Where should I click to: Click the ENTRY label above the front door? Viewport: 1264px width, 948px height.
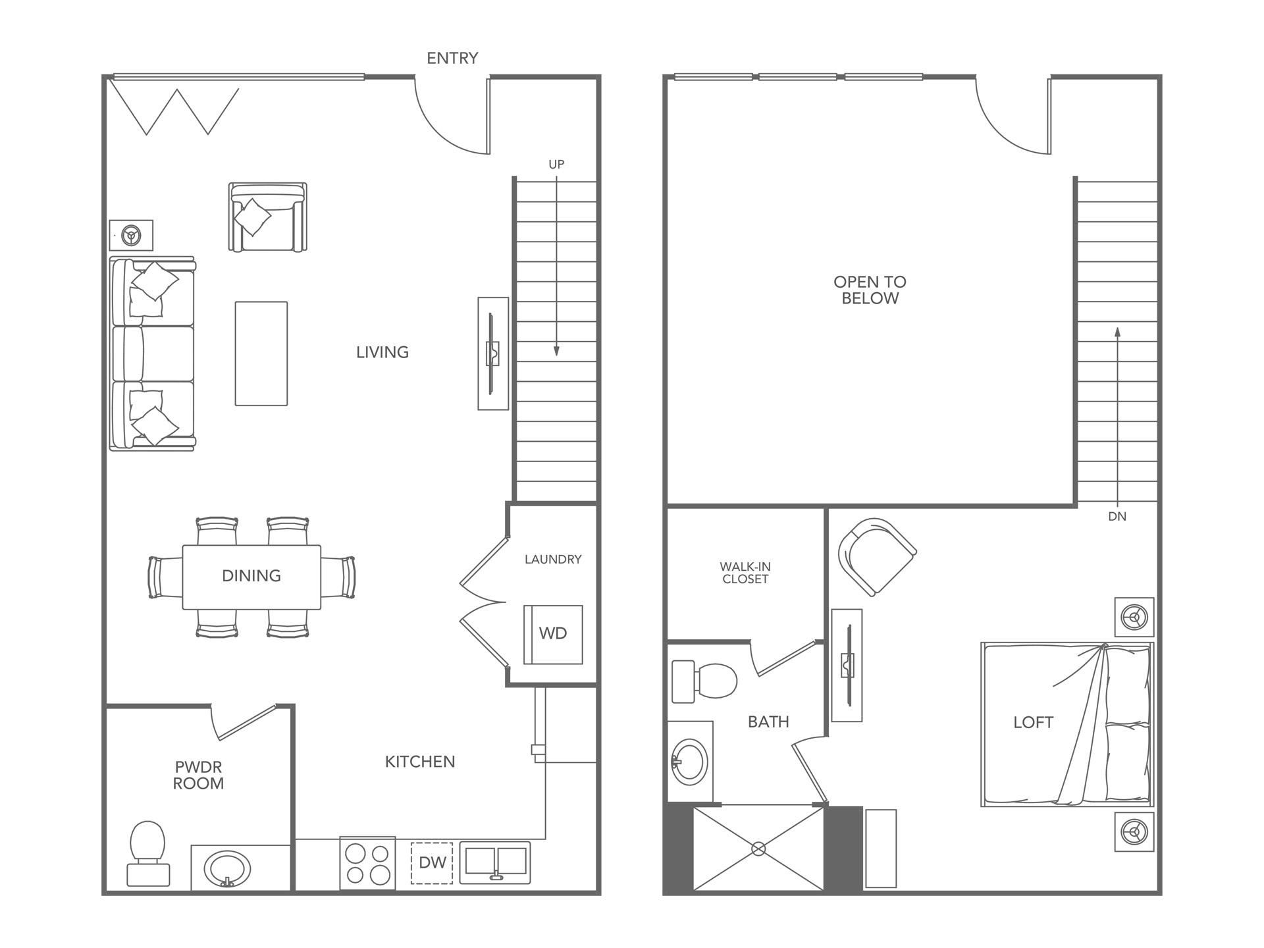pos(452,59)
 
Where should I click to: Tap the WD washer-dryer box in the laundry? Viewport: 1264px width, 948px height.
pos(553,634)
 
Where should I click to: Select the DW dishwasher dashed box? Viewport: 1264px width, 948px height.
pos(432,862)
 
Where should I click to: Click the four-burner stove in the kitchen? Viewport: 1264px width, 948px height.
pos(367,864)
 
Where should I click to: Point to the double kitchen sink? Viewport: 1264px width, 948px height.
pos(494,862)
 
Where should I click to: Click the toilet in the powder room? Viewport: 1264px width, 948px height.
pos(147,853)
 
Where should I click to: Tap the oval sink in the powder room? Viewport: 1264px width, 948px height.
pos(227,869)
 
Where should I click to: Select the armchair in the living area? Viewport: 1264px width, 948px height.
pos(267,217)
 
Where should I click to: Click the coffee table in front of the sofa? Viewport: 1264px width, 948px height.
pos(261,354)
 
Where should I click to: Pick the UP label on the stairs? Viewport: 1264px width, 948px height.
pos(556,165)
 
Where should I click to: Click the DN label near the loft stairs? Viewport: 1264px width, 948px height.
pos(1117,517)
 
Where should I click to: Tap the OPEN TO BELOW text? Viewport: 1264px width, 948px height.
pos(870,290)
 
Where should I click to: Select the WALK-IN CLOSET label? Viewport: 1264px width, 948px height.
pos(745,573)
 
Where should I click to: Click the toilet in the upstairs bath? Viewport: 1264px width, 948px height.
pos(704,682)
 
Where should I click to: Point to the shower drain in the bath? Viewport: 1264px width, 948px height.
pos(758,849)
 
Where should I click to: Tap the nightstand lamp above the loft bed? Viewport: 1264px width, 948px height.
pos(1134,618)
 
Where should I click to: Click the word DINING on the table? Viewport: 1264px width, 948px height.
pos(251,576)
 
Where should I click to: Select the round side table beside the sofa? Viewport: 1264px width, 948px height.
pos(132,235)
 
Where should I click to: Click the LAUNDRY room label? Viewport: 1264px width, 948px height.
pos(553,560)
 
